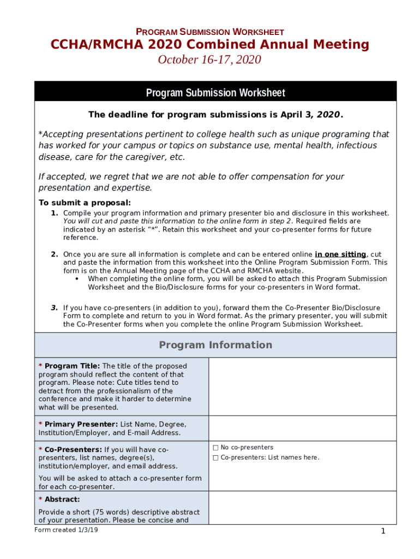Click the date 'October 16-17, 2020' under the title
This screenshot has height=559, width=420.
(x=209, y=60)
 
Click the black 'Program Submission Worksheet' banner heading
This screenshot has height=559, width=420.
(x=215, y=93)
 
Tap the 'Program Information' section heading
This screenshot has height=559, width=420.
(x=215, y=345)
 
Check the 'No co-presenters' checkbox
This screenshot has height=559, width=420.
(x=215, y=448)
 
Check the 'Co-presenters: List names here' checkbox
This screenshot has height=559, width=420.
(x=215, y=458)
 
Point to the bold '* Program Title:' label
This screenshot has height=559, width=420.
(x=69, y=366)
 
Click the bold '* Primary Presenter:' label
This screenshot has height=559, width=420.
(x=78, y=424)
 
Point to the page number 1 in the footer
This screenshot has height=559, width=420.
(x=383, y=532)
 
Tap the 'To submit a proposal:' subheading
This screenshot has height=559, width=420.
(x=84, y=203)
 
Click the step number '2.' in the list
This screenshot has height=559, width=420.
(x=55, y=254)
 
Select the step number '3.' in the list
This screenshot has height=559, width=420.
(x=55, y=308)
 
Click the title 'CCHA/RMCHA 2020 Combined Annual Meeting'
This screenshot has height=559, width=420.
(x=210, y=45)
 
